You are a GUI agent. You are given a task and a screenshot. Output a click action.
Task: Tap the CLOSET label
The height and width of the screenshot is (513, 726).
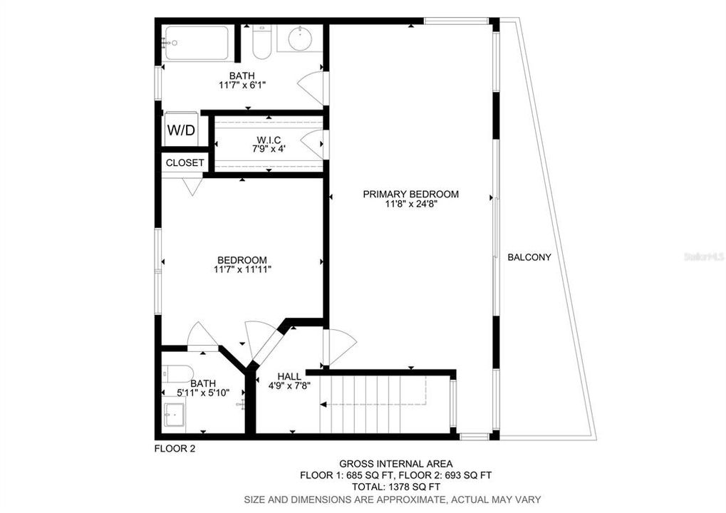click(185, 163)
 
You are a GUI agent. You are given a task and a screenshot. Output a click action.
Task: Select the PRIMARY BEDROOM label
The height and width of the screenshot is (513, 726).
click(410, 194)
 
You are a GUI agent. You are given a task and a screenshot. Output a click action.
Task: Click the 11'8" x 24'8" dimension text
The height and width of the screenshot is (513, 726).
click(411, 204)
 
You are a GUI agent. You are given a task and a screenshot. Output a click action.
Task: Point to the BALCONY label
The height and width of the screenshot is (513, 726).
click(529, 257)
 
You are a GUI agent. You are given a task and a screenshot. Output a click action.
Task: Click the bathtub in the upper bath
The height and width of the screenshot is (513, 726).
click(197, 43)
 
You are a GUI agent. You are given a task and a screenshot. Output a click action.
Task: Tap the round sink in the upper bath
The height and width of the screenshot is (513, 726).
click(300, 39)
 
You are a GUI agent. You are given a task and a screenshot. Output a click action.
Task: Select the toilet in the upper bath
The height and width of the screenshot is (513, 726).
click(262, 41)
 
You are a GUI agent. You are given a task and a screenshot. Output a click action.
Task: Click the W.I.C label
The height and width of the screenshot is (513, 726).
click(269, 140)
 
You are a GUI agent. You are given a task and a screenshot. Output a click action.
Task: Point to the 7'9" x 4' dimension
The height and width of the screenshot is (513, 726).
click(269, 149)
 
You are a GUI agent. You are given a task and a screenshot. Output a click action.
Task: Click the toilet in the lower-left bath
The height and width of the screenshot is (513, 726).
click(177, 373)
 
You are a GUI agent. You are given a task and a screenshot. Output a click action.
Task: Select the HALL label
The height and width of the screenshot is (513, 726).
click(289, 376)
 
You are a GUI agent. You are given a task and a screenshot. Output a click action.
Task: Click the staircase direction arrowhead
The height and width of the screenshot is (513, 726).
click(323, 404)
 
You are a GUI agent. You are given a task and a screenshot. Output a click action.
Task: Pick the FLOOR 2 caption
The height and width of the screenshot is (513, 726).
click(175, 449)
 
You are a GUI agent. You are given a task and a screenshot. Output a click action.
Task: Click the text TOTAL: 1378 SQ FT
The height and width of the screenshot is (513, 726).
click(396, 487)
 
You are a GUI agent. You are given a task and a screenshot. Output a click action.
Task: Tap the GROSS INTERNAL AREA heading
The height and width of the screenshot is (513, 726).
click(396, 463)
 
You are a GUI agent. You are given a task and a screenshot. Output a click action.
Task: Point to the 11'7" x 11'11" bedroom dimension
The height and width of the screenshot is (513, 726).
click(242, 269)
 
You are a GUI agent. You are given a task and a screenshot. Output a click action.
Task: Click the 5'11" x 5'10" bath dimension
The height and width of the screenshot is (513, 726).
click(203, 393)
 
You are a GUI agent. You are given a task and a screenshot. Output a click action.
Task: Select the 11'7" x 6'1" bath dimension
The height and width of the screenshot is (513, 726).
click(242, 85)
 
